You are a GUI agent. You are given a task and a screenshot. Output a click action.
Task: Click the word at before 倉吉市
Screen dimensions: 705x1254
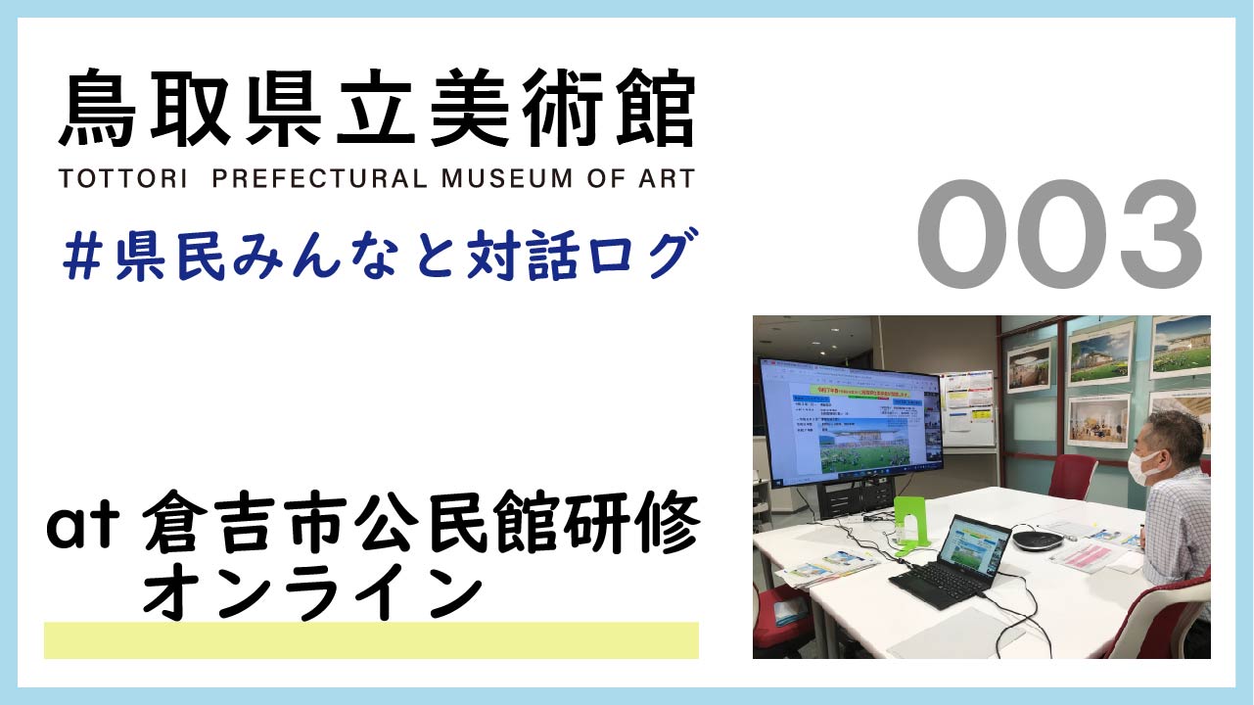pyautogui.click(x=82, y=529)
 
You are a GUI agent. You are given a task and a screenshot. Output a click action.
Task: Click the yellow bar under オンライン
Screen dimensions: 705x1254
pyautogui.click(x=371, y=640)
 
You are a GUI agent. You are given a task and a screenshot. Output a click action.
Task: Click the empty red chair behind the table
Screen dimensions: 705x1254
pyautogui.click(x=1072, y=476)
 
